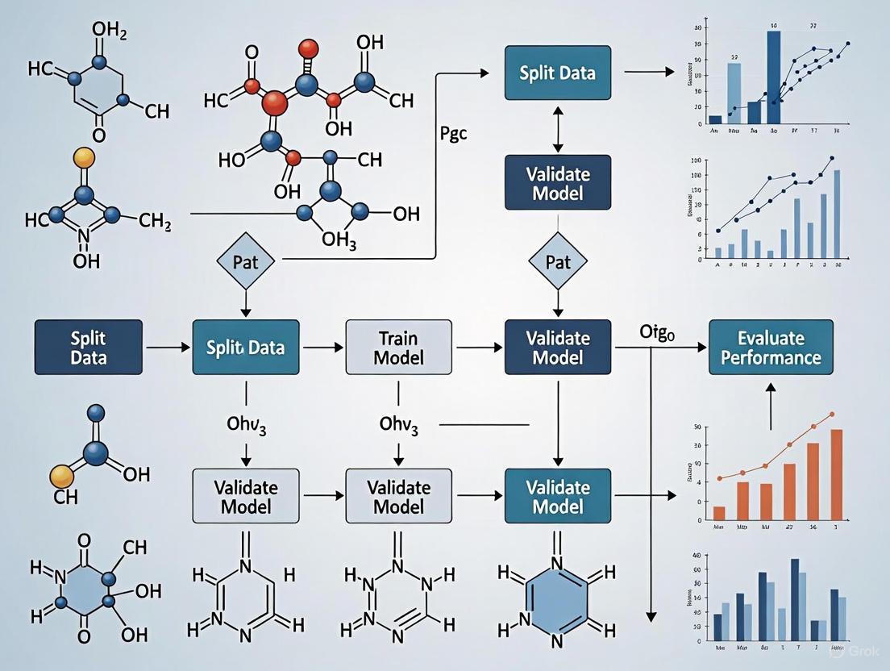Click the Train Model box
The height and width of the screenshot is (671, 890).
(x=399, y=347)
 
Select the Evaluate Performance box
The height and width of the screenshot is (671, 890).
(x=771, y=347)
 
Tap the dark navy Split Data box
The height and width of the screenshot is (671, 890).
(x=88, y=347)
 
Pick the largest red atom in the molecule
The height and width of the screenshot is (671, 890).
(x=275, y=102)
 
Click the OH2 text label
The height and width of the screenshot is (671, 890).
(x=109, y=32)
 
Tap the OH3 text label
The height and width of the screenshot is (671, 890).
(x=339, y=240)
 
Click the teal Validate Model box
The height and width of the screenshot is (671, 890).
(x=557, y=496)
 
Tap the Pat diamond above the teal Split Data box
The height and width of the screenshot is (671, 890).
(x=245, y=262)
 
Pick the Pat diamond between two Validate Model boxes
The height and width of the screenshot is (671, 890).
(x=557, y=262)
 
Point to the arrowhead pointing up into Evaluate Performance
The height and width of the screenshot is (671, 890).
(x=771, y=388)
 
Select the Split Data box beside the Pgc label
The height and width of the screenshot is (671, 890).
(x=557, y=73)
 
